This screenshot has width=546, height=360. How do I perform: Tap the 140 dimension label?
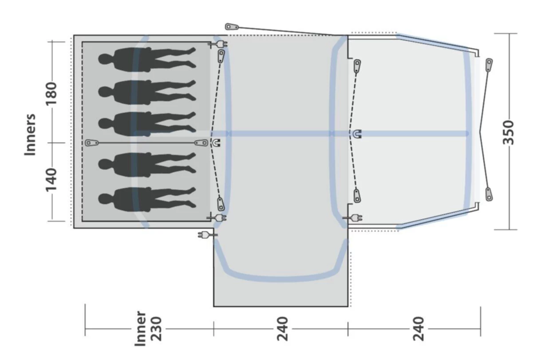click(x=51, y=179)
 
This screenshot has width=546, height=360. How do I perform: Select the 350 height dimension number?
click(x=509, y=132)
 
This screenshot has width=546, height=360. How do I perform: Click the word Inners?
click(x=30, y=134)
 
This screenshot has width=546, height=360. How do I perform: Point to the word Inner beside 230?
click(x=140, y=328)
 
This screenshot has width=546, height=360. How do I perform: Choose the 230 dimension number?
click(x=155, y=328)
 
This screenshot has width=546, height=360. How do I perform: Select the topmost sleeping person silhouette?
click(x=147, y=58)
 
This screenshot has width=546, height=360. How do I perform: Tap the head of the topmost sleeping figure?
click(x=105, y=59)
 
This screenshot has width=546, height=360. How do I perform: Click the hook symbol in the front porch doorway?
click(x=357, y=134)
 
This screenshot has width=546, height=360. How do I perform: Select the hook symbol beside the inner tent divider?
click(x=216, y=143)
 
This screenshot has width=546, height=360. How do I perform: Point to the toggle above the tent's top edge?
click(x=231, y=27)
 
